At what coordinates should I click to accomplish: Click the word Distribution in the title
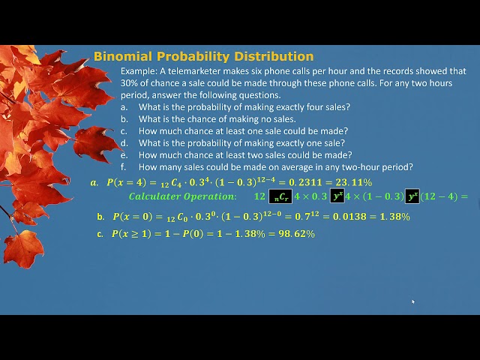click(x=274, y=56)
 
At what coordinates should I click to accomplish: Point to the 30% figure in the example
click(x=131, y=83)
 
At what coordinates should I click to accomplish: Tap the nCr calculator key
click(x=280, y=197)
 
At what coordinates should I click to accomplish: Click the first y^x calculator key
click(x=337, y=197)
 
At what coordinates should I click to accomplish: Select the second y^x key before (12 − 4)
click(x=412, y=197)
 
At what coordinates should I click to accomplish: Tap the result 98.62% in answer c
click(x=297, y=234)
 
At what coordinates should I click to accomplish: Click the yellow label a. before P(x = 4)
click(x=94, y=182)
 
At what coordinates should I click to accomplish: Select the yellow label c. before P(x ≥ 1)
click(x=100, y=234)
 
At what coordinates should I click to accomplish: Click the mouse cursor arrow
click(x=412, y=302)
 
